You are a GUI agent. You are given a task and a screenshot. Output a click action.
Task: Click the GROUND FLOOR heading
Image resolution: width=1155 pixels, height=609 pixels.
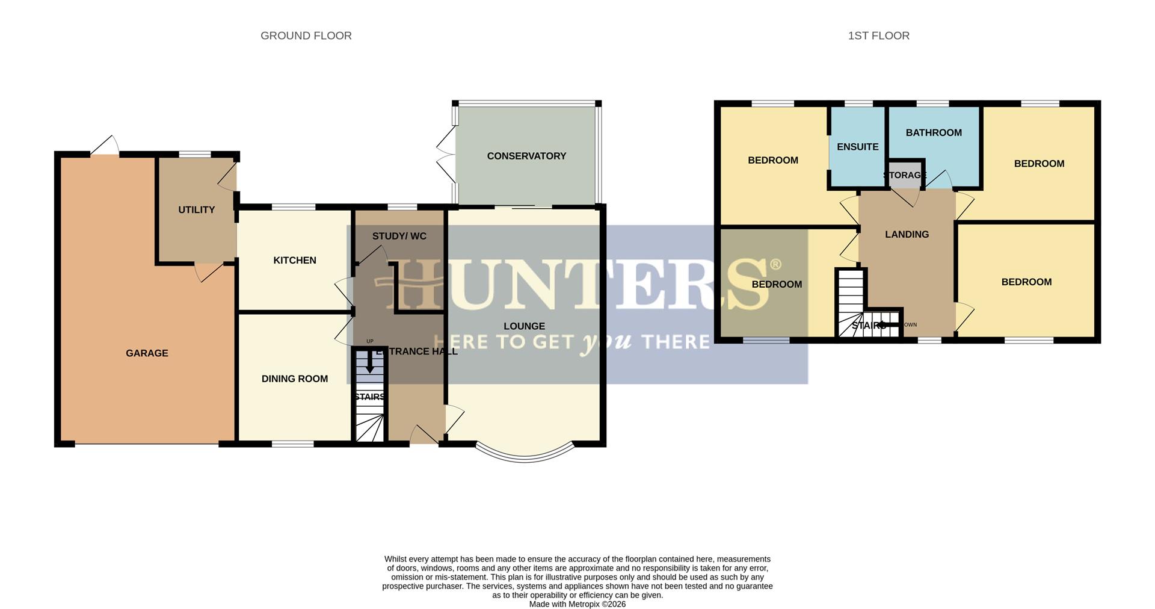click(306, 36)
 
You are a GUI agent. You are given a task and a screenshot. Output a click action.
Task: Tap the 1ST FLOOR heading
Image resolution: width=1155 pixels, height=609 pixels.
click(878, 36)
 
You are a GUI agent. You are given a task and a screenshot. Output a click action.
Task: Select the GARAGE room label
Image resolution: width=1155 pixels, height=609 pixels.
click(147, 353)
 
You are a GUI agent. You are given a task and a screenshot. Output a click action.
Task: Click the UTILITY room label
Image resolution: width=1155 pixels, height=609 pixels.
click(196, 210)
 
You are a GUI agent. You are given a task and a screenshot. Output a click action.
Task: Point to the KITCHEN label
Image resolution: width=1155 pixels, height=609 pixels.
click(294, 261)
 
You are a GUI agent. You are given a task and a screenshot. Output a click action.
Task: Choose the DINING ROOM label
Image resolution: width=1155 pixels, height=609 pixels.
click(294, 379)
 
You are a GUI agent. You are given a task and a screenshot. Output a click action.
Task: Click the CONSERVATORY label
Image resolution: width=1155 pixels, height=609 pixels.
click(526, 156)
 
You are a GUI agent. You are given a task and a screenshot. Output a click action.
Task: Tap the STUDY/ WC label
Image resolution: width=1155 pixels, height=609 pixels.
click(399, 236)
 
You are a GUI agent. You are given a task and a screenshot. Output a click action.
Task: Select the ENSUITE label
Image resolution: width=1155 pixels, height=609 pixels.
click(857, 147)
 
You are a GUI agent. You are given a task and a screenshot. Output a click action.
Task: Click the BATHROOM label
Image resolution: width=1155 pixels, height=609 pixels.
click(934, 133)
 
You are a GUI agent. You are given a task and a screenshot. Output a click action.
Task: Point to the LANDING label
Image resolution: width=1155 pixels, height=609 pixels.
click(907, 235)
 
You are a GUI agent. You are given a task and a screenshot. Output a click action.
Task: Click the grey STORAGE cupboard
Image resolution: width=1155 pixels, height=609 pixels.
click(904, 174)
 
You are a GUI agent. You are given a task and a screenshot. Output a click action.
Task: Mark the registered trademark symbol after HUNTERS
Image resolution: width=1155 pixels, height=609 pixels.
click(775, 265)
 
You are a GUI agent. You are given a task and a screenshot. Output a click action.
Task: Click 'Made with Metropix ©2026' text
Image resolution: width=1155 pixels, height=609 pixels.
click(577, 604)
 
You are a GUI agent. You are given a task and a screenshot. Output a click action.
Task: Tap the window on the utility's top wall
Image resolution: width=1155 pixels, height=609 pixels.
click(195, 155)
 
